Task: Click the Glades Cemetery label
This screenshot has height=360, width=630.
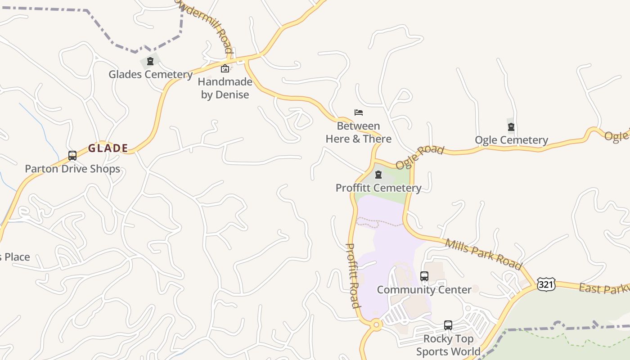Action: [150, 74]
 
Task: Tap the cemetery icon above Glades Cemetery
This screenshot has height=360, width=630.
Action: [150, 61]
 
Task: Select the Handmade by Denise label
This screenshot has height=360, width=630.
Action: [225, 88]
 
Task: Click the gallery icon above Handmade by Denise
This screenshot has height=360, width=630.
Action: [225, 68]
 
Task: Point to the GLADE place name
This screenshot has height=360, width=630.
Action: [108, 148]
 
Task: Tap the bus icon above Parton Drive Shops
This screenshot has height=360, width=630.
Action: [72, 156]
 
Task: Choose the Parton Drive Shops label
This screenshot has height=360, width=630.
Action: [72, 169]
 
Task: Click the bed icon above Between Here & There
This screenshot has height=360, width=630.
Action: [359, 112]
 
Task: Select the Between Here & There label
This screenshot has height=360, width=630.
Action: [359, 132]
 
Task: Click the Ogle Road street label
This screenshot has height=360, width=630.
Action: [420, 157]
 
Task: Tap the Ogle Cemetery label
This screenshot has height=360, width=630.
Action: [511, 140]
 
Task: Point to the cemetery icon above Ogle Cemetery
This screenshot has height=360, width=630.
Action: [511, 127]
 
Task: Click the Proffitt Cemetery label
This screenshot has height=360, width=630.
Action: [378, 188]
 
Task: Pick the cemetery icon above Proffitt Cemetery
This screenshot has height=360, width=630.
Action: [378, 175]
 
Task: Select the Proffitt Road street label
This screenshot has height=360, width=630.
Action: [353, 275]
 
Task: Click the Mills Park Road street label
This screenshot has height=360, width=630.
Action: [484, 254]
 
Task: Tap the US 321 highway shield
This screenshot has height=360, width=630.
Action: [546, 284]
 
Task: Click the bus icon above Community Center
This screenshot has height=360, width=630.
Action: [424, 276]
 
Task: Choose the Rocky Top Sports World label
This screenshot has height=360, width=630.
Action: [448, 345]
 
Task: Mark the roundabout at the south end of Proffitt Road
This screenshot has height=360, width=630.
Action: [376, 324]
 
